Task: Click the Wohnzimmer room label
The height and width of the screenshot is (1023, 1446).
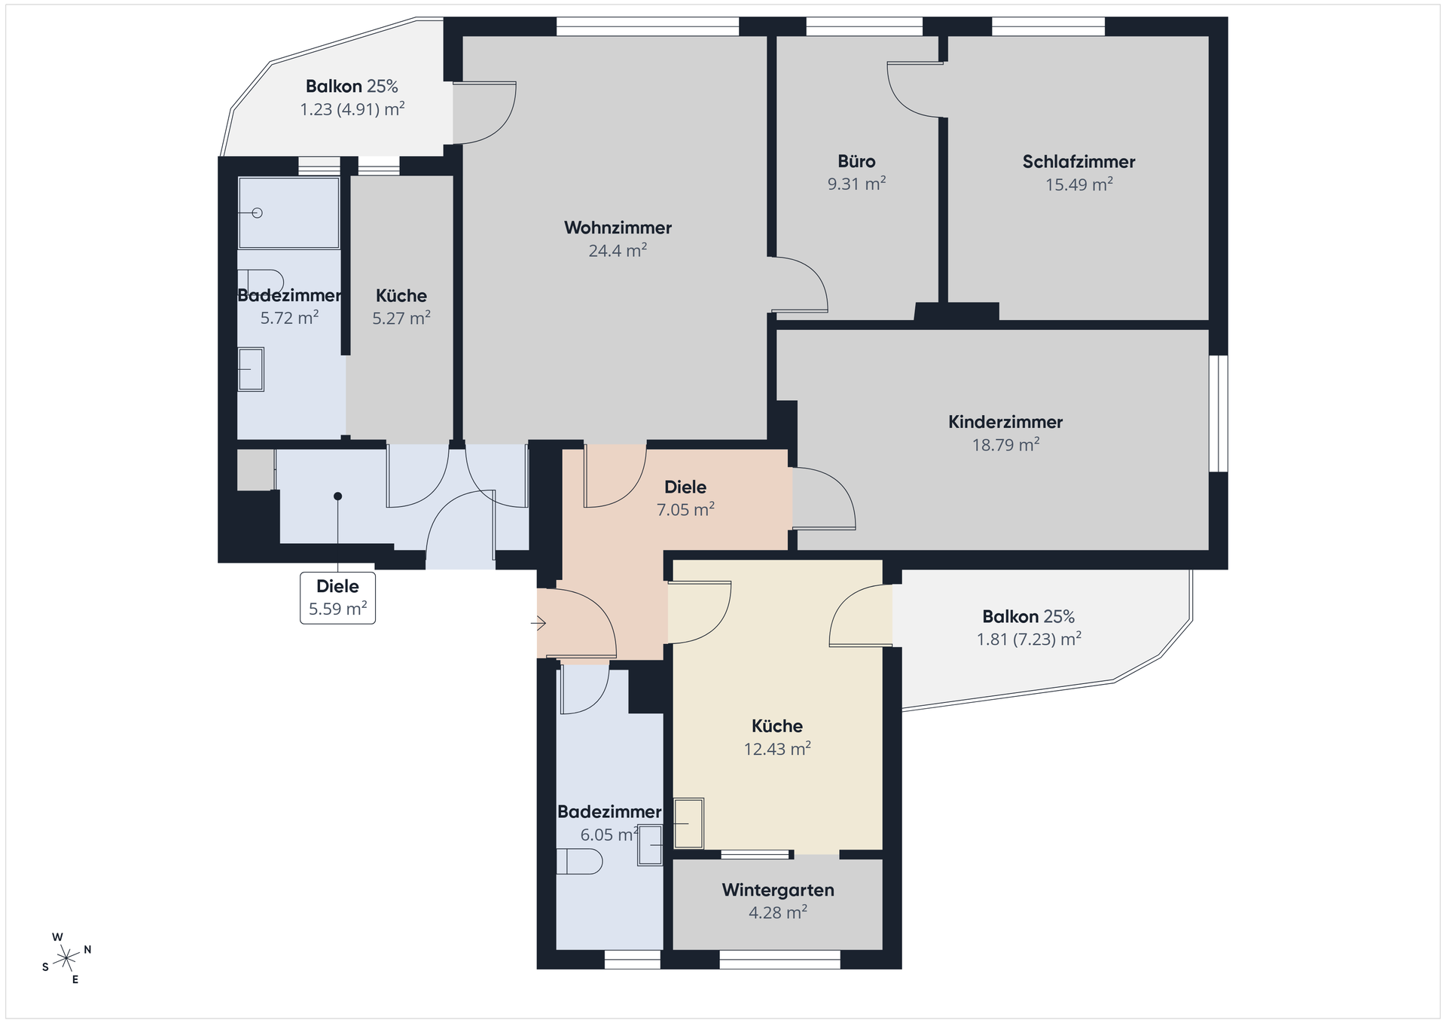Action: click(x=618, y=228)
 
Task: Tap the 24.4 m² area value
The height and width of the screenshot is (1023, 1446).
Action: click(x=618, y=250)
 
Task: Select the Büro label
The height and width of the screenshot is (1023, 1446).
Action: click(x=856, y=161)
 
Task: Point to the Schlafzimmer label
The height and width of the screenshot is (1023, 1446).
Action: click(x=1078, y=161)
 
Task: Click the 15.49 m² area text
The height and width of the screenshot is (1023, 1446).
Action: click(x=1078, y=184)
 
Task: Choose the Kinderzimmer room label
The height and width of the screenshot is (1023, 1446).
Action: click(x=1005, y=422)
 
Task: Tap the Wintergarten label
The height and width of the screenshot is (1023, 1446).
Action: click(x=778, y=890)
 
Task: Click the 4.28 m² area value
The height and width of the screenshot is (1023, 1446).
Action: click(x=778, y=912)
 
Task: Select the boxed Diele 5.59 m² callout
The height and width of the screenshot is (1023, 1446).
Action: click(x=338, y=597)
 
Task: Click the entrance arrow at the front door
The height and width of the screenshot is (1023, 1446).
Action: click(x=538, y=623)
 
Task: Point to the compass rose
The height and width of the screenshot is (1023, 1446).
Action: click(x=67, y=958)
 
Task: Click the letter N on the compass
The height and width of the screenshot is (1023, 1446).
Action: click(x=87, y=949)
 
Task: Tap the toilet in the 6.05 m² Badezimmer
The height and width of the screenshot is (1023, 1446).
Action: click(x=579, y=861)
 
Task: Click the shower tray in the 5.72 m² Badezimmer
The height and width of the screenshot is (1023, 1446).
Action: click(x=288, y=212)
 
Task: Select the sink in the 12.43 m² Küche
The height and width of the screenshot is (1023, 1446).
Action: click(x=688, y=823)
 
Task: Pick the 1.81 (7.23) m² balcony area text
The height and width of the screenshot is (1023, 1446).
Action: click(x=1029, y=640)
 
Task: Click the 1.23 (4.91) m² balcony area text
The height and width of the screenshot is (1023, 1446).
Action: click(x=352, y=109)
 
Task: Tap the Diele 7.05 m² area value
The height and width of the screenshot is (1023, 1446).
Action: click(x=685, y=509)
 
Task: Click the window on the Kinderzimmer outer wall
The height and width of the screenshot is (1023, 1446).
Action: click(x=1219, y=414)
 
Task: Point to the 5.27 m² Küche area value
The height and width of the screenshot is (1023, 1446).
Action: click(x=401, y=318)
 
